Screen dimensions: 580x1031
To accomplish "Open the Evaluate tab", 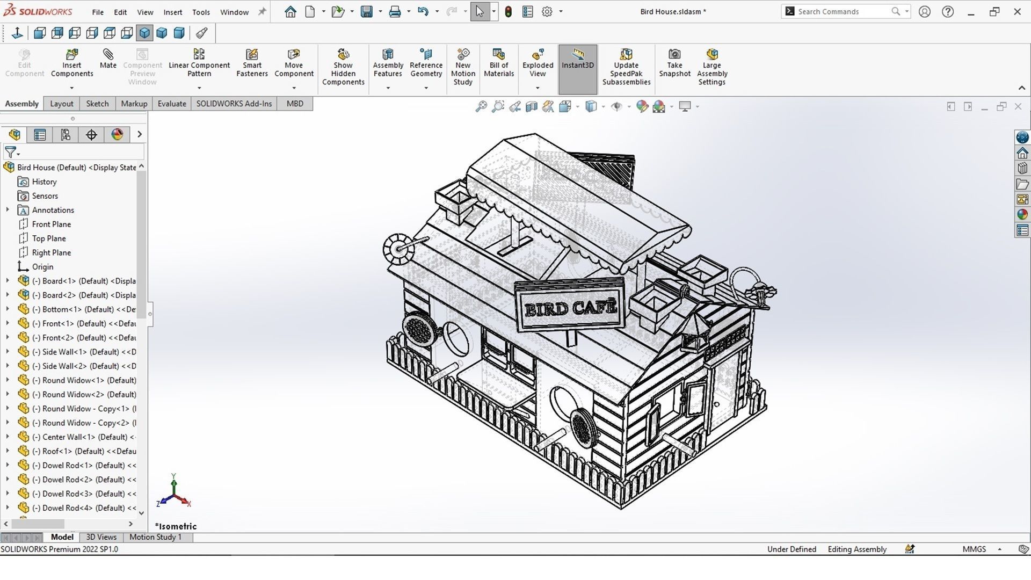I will [x=172, y=104].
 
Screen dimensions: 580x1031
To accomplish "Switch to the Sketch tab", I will [x=97, y=104].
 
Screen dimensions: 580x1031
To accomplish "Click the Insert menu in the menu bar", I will [x=172, y=12].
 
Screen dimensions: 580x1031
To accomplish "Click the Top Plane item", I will [x=49, y=238].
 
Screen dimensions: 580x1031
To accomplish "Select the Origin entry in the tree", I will [x=42, y=267].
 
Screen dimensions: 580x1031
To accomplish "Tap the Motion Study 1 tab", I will [x=155, y=537].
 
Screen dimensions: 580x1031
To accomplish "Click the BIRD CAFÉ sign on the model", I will [x=570, y=308].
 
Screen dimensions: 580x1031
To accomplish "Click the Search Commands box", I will [x=840, y=11].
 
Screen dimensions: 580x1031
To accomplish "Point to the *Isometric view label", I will [x=176, y=526].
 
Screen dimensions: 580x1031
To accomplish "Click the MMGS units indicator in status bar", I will [x=974, y=549].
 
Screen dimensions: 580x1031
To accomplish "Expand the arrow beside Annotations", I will [x=8, y=210].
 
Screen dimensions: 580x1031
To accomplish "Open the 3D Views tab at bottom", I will [x=101, y=537].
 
